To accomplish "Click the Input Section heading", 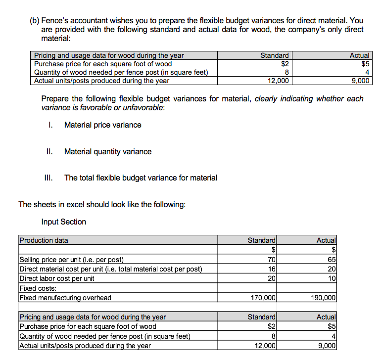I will point(64,222).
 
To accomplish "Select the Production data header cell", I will point(44,240).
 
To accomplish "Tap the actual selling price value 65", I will point(332,260).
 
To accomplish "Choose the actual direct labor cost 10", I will point(332,278).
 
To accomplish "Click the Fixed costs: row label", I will point(38,288).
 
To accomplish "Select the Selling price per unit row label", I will point(71,260).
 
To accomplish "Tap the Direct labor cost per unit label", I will point(57,278).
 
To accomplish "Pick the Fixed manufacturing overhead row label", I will point(65,298).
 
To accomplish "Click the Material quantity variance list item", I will point(108,152).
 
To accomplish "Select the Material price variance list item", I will point(102,125).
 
